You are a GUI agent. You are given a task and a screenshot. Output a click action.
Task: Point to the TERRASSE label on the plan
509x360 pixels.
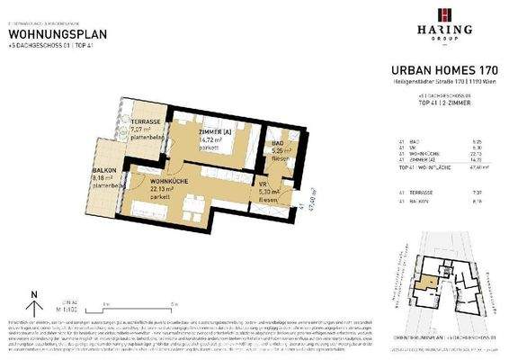coord(146,121)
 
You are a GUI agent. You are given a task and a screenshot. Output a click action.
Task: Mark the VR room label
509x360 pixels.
coord(277,183)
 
